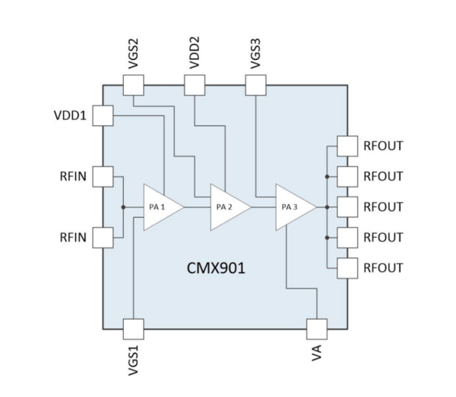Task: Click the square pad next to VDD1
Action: click(x=103, y=116)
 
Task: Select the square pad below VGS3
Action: click(x=256, y=86)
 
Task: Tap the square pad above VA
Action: click(x=317, y=329)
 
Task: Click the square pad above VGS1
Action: click(x=133, y=329)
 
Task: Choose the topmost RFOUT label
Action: click(x=383, y=146)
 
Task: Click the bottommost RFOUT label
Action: click(x=383, y=268)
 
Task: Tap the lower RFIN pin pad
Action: click(x=103, y=237)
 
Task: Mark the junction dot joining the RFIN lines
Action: click(x=123, y=206)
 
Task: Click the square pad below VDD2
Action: click(x=195, y=86)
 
